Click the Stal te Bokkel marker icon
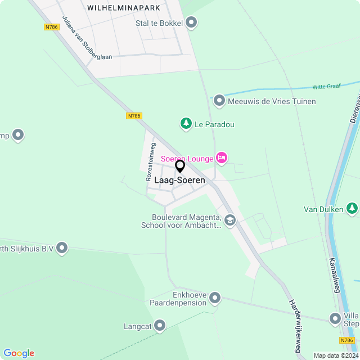(x=191, y=22)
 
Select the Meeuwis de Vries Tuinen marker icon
(x=219, y=101)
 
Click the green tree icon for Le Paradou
(x=186, y=124)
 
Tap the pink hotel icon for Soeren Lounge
(x=222, y=158)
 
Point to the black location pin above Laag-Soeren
(x=180, y=166)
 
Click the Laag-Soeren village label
(x=179, y=181)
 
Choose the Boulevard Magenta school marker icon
(x=229, y=220)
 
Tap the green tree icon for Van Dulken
(x=352, y=209)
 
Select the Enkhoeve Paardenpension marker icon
(x=215, y=298)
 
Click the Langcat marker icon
(x=160, y=326)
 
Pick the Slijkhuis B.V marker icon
(x=62, y=247)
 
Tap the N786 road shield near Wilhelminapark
(x=52, y=26)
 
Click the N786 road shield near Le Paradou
(x=134, y=116)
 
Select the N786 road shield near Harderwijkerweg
(x=347, y=340)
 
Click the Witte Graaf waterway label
(x=327, y=87)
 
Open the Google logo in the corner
(x=19, y=353)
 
